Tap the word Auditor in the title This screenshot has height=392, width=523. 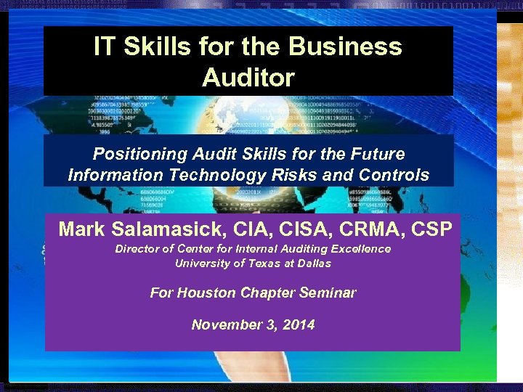248,76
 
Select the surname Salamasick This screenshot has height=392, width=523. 171,229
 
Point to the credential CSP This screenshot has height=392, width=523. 431,229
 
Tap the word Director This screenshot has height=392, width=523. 136,249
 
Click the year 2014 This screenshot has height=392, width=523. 299,324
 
